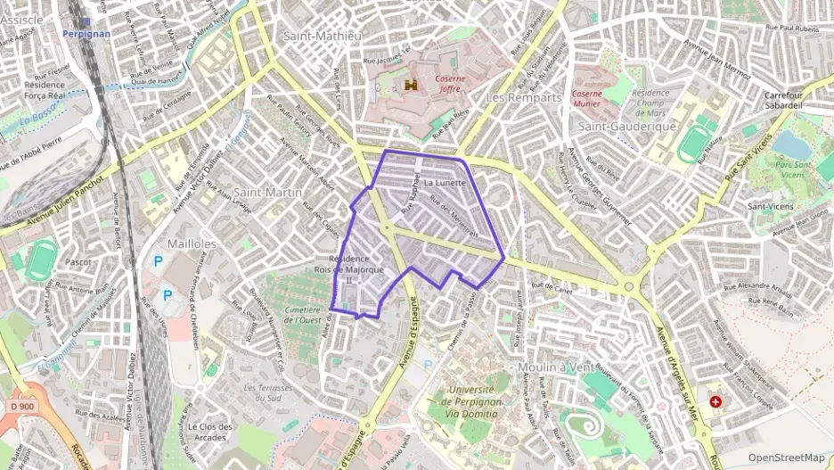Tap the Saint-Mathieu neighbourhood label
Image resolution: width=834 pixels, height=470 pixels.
322,37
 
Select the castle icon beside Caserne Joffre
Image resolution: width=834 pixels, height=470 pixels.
412,85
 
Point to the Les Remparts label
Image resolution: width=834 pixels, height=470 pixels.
524,97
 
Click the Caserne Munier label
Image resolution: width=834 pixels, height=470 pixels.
586,98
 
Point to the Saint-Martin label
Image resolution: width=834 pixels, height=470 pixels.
268,192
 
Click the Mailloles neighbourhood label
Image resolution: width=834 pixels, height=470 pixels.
193,243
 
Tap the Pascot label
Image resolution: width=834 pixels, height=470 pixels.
78,262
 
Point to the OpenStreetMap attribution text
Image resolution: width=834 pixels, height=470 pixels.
786,458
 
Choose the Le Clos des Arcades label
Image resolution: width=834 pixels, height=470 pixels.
212,432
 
